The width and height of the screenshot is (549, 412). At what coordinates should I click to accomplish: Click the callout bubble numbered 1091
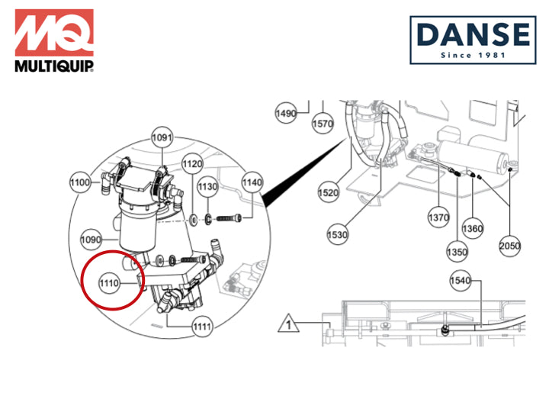click(162, 137)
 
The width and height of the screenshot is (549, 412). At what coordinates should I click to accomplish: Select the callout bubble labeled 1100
click(80, 182)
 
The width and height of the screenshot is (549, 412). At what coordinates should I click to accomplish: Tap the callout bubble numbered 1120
click(192, 163)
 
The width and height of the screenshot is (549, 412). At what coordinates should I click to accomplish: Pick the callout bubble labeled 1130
click(208, 186)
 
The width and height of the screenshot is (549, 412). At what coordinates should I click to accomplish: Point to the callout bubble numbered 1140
click(252, 182)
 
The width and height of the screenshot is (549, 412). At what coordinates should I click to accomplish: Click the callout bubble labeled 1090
click(91, 240)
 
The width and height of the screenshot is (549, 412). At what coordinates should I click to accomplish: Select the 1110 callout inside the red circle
click(109, 283)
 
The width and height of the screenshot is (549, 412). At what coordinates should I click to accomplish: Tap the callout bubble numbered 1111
click(202, 327)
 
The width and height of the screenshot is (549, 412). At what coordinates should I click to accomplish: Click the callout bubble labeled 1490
click(286, 113)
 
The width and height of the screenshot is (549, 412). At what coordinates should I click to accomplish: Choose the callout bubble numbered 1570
click(323, 124)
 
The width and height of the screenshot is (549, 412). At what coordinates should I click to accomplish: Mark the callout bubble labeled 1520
click(329, 192)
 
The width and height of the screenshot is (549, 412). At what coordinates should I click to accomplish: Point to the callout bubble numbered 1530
click(337, 234)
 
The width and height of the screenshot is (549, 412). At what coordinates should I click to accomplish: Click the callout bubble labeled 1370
click(438, 217)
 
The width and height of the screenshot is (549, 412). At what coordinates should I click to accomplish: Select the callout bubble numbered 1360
click(473, 229)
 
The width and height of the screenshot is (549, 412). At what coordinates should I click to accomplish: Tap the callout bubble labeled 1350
click(457, 252)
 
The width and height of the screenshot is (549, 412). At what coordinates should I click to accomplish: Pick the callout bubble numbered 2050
click(510, 246)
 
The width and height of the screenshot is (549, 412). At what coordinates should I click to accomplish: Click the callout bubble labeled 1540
click(461, 280)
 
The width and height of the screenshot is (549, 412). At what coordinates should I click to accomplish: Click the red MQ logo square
click(54, 33)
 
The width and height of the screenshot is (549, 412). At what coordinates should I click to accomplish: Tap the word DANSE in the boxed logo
click(473, 34)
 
